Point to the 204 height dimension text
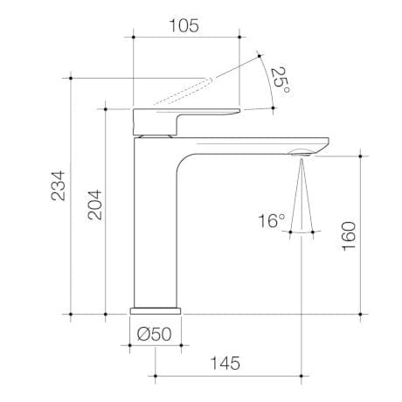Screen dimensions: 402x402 click(93, 206)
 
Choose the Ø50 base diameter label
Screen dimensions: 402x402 click(155, 332)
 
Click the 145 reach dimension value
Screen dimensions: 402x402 click(225, 363)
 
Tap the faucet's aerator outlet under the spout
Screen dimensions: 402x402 click(300, 154)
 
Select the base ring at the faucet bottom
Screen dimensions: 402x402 click(156, 308)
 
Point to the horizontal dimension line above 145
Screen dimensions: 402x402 click(227, 378)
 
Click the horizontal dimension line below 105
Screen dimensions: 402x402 click(185, 38)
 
